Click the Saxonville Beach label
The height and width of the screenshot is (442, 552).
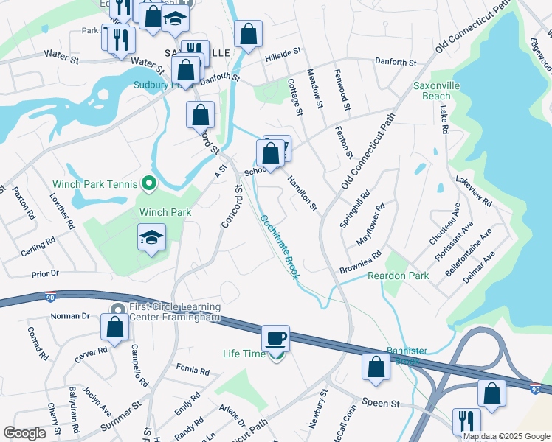click(x=441, y=91)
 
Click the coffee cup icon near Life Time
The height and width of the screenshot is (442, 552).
click(x=275, y=338)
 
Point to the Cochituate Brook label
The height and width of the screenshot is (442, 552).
click(x=279, y=246)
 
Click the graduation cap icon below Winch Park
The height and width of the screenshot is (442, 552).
click(x=152, y=237)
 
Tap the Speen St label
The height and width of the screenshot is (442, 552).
click(x=380, y=404)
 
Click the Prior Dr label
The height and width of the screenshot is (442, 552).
click(x=45, y=274)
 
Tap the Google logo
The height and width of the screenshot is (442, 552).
click(x=25, y=434)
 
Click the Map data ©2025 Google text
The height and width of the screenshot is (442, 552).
click(x=506, y=436)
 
